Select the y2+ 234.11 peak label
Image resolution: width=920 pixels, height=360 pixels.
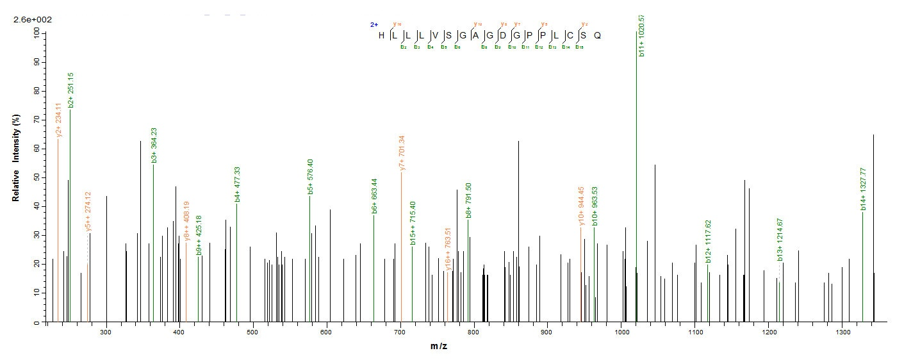click(59, 120)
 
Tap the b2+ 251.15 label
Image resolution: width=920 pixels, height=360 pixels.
click(70, 90)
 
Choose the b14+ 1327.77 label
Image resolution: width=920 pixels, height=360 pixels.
click(864, 190)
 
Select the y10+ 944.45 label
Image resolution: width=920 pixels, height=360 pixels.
click(582, 205)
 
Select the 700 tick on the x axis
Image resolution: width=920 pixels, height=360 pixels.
click(400, 331)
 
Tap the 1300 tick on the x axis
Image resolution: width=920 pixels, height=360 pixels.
click(842, 331)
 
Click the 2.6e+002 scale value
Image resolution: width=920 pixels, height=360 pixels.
click(33, 20)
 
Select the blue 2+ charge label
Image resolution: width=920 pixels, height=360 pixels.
click(374, 25)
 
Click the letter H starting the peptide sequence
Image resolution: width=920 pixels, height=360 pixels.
click(382, 35)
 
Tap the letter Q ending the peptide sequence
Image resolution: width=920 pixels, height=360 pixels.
click(597, 35)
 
